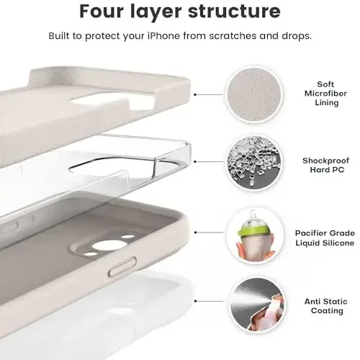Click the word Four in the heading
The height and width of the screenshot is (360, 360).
106,12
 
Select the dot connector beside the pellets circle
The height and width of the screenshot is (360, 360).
198,164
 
